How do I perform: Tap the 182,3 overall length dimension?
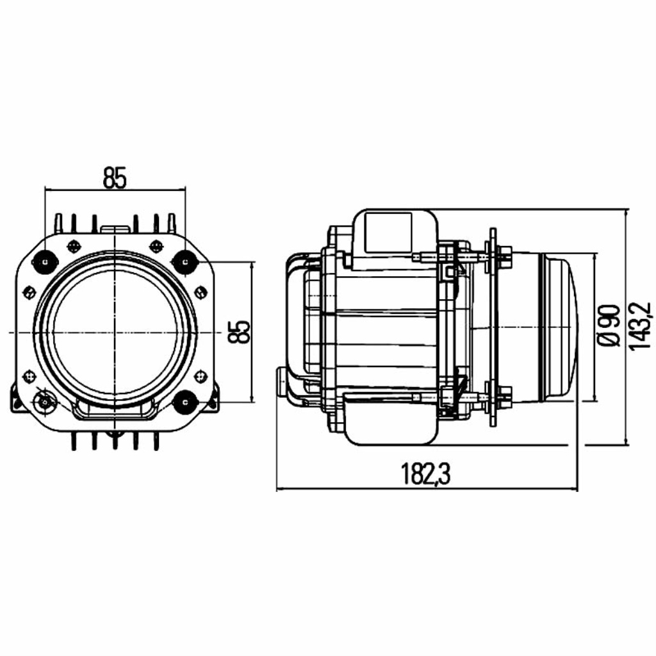coord(426,473)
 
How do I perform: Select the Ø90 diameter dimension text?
coord(609,326)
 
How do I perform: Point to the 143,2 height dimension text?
coord(639,326)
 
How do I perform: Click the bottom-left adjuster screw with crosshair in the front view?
coord(44,402)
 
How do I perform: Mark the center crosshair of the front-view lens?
coord(114,332)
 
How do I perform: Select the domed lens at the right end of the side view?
coord(559,326)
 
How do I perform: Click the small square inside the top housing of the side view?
coord(388,232)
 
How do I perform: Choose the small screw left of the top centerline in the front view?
coord(73,246)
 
